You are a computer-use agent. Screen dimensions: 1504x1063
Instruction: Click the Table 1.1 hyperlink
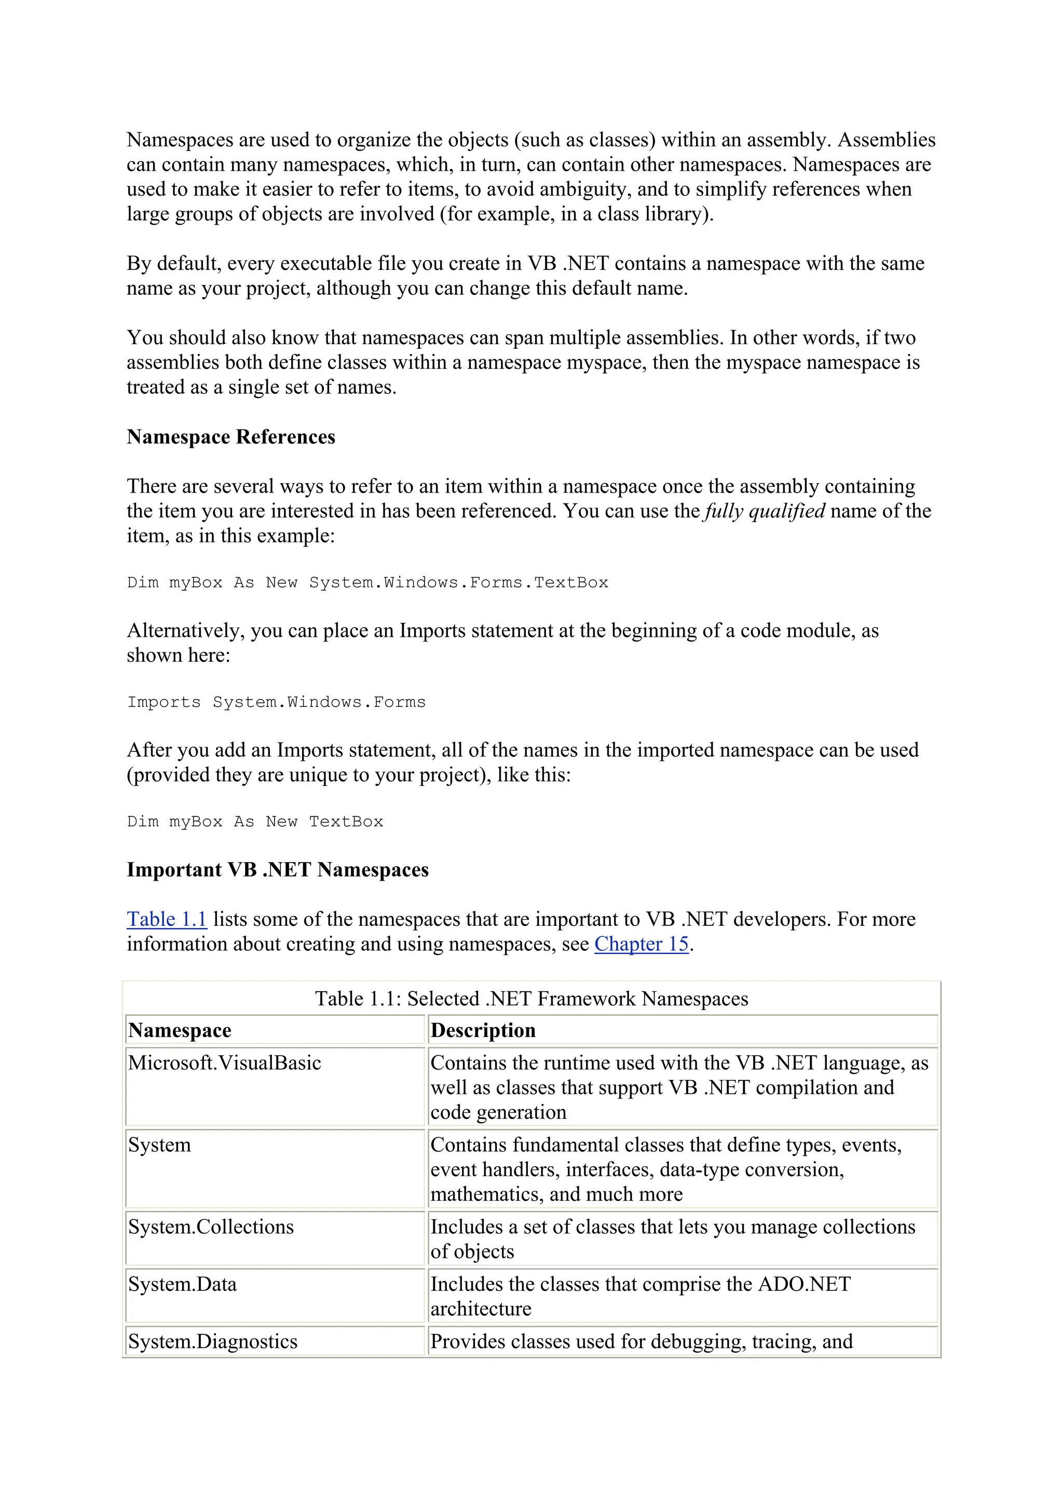(167, 919)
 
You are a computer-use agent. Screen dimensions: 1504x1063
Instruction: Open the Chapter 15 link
(641, 944)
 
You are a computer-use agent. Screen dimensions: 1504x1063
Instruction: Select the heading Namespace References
(230, 437)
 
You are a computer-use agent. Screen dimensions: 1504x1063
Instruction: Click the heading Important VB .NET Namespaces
(278, 870)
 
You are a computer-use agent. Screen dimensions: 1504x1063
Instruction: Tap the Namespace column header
(180, 1030)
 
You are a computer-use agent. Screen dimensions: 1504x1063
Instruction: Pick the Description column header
(483, 1030)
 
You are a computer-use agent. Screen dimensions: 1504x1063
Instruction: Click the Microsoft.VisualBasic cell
(225, 1062)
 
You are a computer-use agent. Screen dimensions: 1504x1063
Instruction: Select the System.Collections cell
(211, 1226)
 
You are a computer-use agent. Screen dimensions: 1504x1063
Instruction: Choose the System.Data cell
(182, 1284)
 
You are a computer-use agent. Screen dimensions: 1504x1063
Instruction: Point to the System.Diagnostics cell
(213, 1342)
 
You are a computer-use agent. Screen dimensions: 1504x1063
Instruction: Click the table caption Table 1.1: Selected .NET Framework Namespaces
(531, 999)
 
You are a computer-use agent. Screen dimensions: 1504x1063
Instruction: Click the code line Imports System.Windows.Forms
(276, 702)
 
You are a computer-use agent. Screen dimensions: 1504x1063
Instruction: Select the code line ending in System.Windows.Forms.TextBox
(367, 583)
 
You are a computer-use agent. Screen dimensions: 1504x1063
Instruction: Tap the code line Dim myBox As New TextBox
(255, 822)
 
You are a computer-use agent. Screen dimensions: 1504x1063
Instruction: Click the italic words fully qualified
(765, 511)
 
